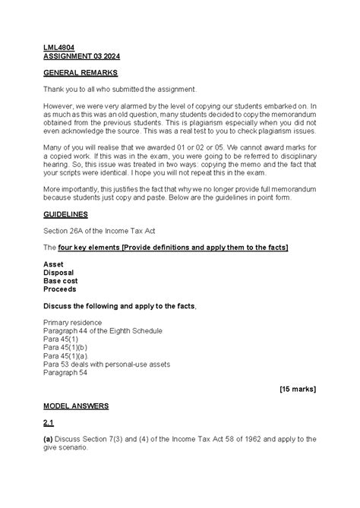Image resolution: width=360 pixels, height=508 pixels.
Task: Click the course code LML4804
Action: click(58, 47)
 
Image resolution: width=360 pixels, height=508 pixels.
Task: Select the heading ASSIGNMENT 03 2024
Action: click(81, 56)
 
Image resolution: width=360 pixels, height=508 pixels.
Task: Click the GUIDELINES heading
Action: click(67, 215)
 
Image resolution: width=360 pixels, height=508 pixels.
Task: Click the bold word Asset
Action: click(54, 264)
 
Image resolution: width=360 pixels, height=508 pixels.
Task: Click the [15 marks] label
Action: click(298, 389)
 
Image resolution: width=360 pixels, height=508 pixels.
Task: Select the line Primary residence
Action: click(76, 322)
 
